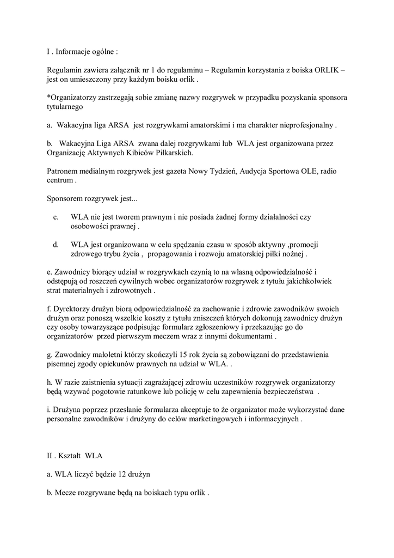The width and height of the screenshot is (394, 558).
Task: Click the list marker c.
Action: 56,217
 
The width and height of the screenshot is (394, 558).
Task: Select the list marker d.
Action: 56,245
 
